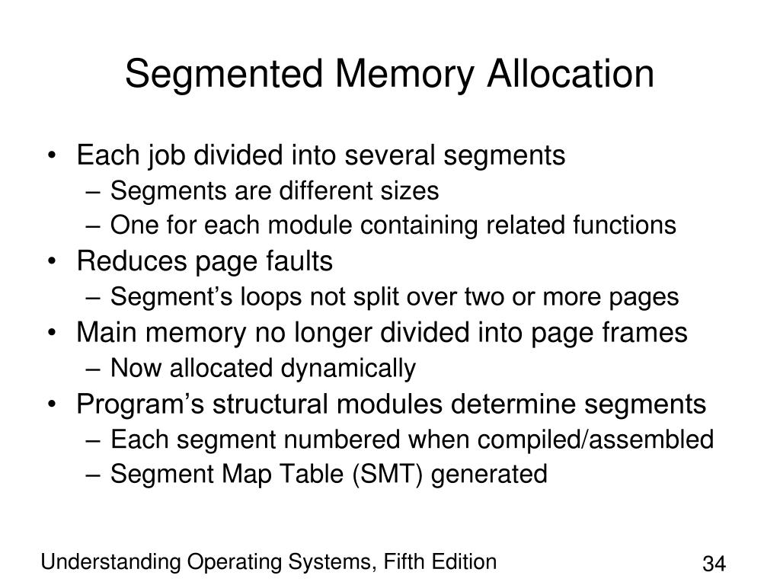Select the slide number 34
pos(713,565)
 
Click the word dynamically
pos(351,369)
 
